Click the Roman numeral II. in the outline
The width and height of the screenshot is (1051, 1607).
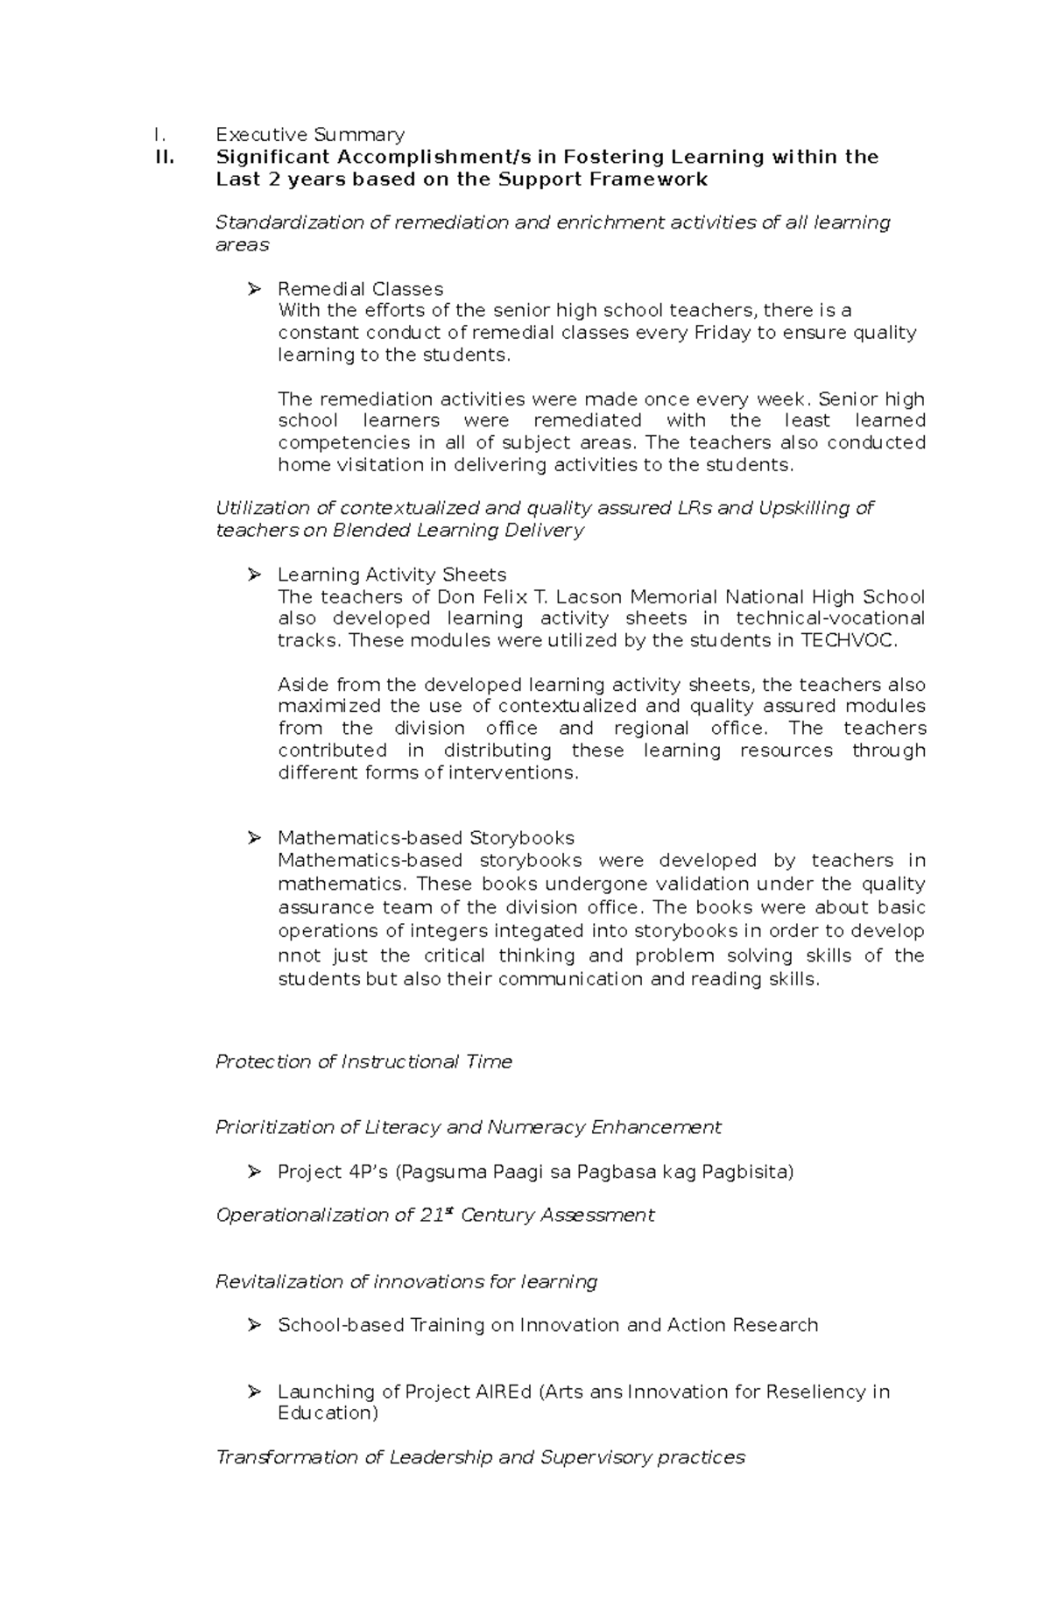[x=164, y=157]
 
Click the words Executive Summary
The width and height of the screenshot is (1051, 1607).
[x=310, y=134]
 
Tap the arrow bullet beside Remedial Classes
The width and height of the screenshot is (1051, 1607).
[x=255, y=288]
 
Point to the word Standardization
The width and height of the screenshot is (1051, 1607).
[x=290, y=222]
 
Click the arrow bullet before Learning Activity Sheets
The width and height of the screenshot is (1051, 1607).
[x=255, y=574]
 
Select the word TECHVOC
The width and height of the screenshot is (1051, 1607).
[x=848, y=640]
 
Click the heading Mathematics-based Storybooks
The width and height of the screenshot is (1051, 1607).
[x=426, y=838]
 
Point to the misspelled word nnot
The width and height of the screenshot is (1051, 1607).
[x=300, y=955]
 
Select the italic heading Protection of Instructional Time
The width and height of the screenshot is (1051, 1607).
[x=363, y=1061]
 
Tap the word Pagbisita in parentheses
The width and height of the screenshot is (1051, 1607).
[x=751, y=1172]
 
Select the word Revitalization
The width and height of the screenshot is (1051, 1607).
[x=279, y=1281]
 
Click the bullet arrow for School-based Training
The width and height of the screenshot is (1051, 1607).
[x=255, y=1325]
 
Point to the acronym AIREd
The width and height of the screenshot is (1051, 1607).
[x=505, y=1392]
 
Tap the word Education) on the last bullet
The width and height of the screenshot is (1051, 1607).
[x=328, y=1413]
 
